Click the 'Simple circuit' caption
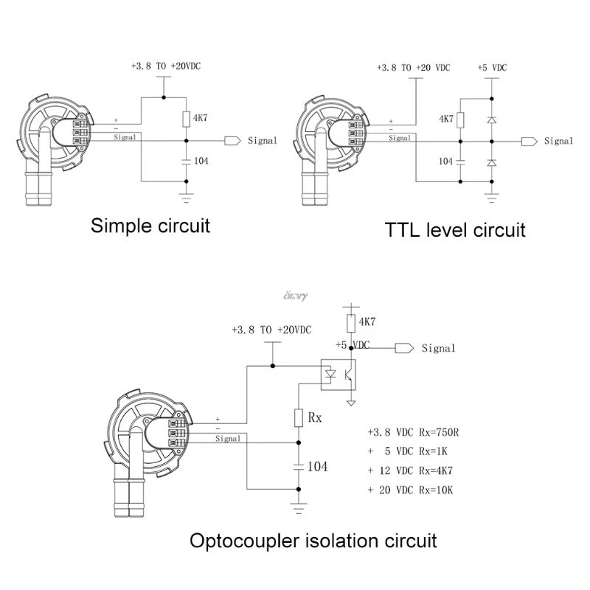[x=150, y=225]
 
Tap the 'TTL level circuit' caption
[x=455, y=229]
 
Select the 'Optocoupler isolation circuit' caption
[x=313, y=541]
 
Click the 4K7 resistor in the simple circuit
[x=186, y=117]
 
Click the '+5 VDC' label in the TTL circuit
[x=493, y=68]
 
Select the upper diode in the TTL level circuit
[x=492, y=119]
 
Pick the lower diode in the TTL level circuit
[x=492, y=162]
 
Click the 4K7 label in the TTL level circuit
[x=445, y=119]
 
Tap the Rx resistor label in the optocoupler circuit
[x=315, y=417]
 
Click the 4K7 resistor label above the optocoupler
[x=367, y=322]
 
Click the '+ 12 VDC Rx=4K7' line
[x=409, y=470]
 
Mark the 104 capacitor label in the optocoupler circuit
[x=317, y=466]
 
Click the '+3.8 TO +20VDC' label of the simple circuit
[x=165, y=66]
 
